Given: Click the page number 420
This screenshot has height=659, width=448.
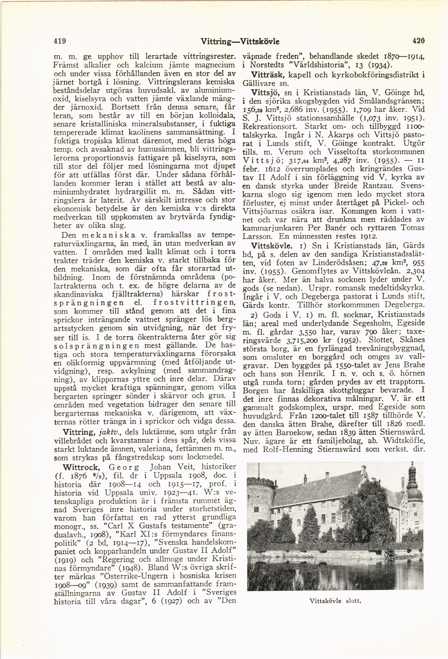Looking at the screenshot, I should pos(418,41).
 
